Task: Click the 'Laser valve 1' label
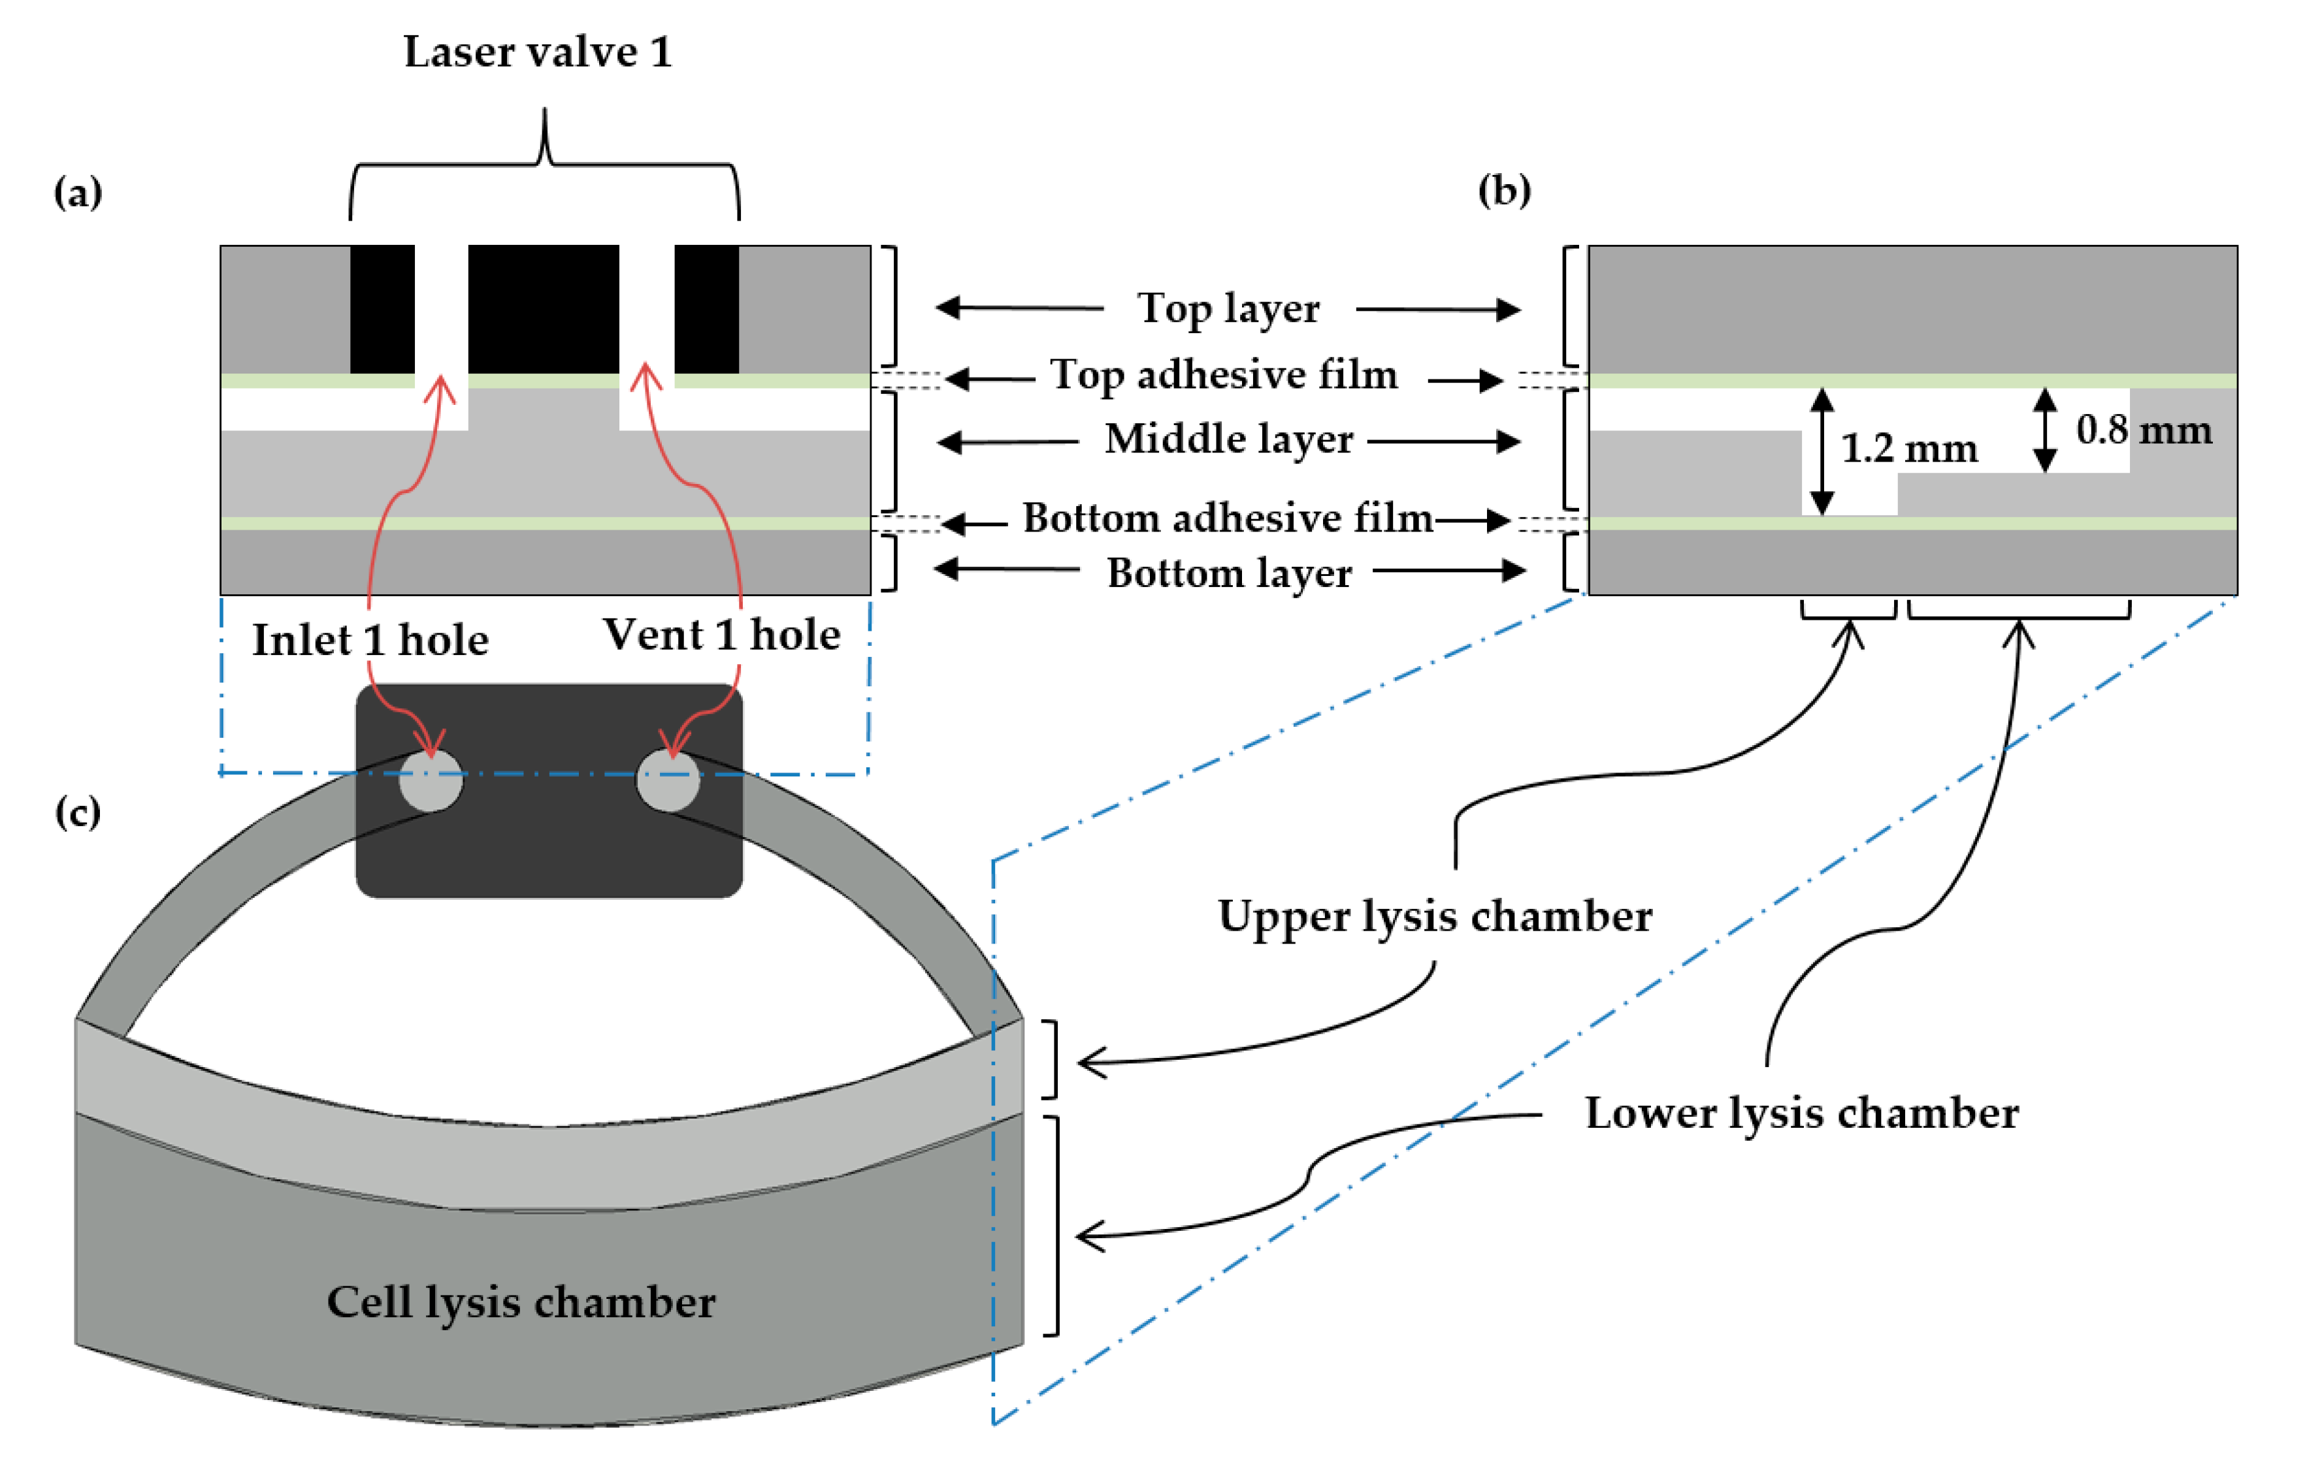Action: tap(538, 52)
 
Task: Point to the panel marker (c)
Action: tap(78, 812)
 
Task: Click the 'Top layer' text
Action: tap(1228, 308)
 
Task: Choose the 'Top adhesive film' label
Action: tap(1224, 374)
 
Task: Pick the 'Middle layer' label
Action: tap(1229, 439)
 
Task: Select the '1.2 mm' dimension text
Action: tap(1908, 448)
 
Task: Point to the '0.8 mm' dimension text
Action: tap(2144, 430)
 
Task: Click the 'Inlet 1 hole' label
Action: tap(370, 639)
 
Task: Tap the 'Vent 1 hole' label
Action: tap(722, 635)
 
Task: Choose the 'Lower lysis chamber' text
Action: tap(1801, 1113)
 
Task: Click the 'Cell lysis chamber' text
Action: tap(521, 1302)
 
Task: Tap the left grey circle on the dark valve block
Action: tap(431, 780)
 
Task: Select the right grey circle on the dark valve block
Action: tap(668, 780)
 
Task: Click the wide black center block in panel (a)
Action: tap(543, 309)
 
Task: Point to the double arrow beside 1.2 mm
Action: tap(1822, 451)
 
